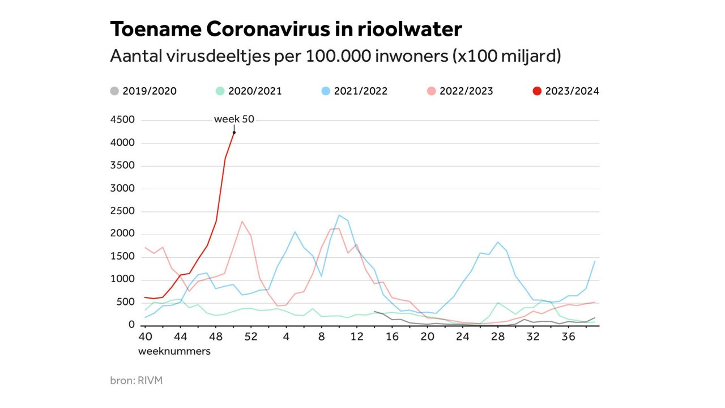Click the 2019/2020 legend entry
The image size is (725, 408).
pos(143,91)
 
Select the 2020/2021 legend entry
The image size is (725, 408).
pos(249,91)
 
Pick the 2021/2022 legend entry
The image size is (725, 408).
pos(355,91)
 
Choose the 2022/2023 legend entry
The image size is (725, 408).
pos(460,91)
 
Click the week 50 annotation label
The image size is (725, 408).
pos(234,120)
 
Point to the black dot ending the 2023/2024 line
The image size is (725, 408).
pos(234,133)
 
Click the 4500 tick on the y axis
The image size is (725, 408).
pos(123,120)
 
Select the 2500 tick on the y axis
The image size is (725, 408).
pos(123,211)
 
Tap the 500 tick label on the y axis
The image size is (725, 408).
pos(126,303)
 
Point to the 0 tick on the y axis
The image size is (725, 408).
pos(131,325)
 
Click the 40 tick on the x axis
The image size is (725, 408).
pos(145,337)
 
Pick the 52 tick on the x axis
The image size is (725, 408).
pos(251,337)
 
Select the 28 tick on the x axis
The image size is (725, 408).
pos(497,337)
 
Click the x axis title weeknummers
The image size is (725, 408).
pos(174,351)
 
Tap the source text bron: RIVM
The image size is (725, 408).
pos(136,380)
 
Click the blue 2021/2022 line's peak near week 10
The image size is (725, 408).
pos(339,215)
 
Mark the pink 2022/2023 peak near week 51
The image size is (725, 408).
pos(242,221)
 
